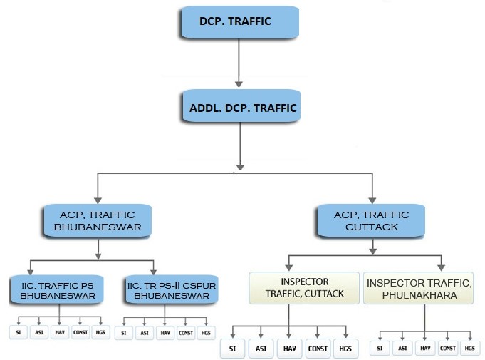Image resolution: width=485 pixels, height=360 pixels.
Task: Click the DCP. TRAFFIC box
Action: (237, 21)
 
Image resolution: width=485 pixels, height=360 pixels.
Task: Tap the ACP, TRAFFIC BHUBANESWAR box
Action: (98, 221)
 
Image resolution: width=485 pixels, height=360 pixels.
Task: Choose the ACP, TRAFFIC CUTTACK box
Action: (372, 221)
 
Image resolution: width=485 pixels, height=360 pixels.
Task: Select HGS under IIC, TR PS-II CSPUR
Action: (206, 333)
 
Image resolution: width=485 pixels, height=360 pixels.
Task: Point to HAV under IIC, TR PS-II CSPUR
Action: (165, 333)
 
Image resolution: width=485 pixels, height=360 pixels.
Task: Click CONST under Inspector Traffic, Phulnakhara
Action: (447, 347)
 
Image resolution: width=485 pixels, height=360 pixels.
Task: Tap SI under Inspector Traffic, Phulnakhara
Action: (381, 347)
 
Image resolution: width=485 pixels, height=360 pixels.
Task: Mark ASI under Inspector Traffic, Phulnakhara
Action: (402, 347)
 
